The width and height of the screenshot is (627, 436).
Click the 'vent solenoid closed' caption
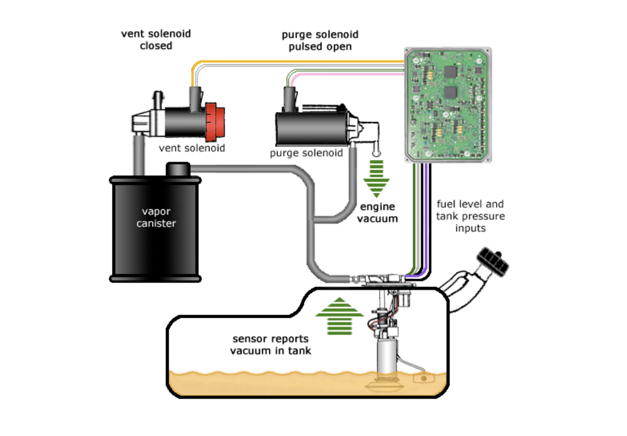156,40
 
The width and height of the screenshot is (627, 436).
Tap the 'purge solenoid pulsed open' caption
320,41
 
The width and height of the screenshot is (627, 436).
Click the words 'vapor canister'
156,218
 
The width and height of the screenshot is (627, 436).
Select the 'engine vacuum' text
378,212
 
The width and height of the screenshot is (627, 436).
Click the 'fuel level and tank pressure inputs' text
470,216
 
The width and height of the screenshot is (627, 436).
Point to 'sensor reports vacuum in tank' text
270,345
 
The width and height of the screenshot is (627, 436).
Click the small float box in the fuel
423,379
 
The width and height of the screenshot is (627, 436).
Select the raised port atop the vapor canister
178,169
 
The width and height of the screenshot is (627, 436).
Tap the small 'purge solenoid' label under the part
306,153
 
